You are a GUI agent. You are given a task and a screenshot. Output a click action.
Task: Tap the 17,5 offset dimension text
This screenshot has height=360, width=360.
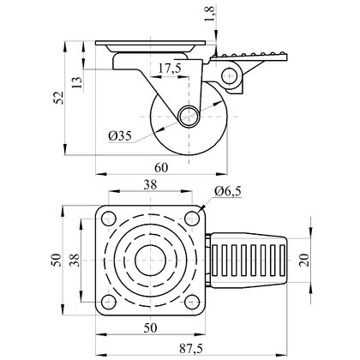click(x=170, y=69)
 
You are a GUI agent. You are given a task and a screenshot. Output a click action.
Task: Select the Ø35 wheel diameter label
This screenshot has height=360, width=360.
click(x=120, y=135)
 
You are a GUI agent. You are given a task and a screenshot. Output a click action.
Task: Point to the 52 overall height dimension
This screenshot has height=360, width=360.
click(x=59, y=98)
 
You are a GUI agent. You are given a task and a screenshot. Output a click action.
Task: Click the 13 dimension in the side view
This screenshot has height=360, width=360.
click(x=77, y=82)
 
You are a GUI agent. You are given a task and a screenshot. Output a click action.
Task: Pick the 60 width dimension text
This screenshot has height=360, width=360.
click(x=161, y=168)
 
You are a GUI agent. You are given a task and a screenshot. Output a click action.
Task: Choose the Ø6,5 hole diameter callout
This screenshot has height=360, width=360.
click(x=228, y=191)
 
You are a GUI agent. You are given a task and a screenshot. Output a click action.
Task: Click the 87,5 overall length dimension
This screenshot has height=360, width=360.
click(x=191, y=349)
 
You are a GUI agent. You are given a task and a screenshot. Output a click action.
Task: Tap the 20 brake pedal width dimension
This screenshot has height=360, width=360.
click(x=304, y=260)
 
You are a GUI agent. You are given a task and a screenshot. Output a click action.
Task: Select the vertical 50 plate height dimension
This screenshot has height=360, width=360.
click(x=57, y=260)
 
